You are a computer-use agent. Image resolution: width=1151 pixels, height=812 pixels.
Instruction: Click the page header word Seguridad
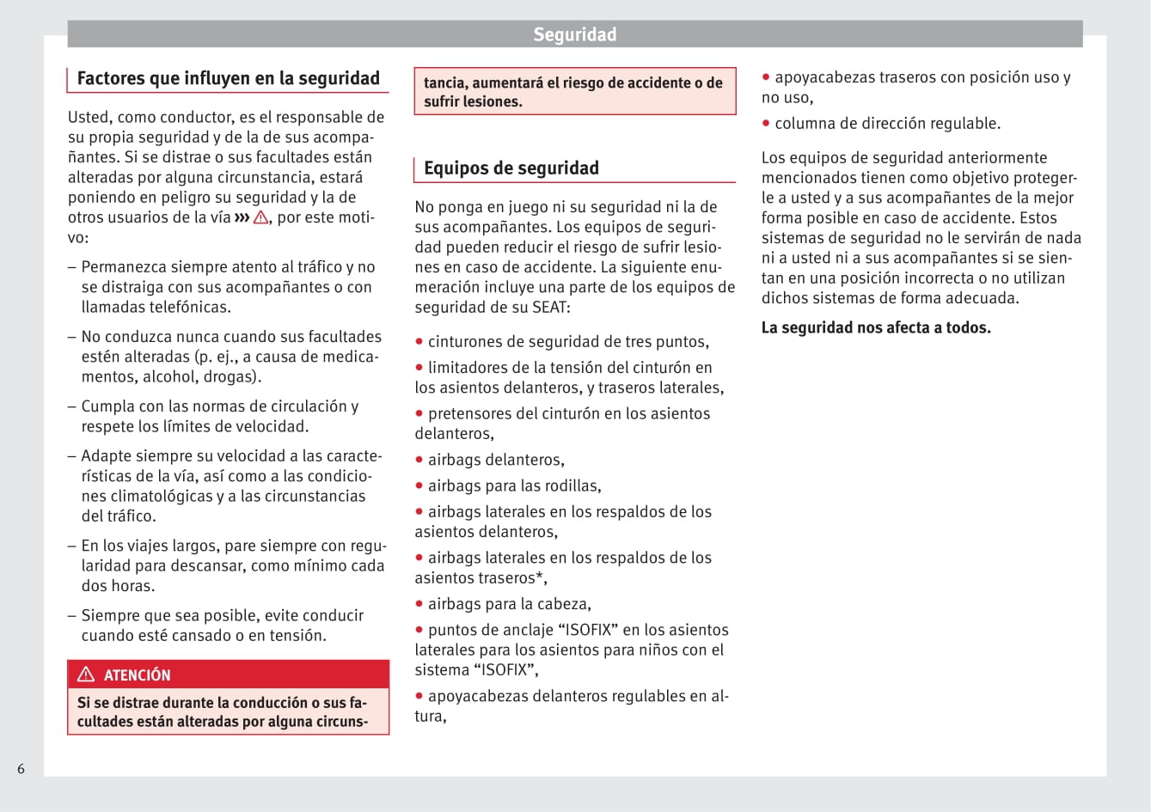(x=574, y=34)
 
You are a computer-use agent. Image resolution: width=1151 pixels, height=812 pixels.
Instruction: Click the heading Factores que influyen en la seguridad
(x=228, y=78)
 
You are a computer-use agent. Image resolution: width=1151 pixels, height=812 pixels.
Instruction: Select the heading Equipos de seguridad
(x=511, y=168)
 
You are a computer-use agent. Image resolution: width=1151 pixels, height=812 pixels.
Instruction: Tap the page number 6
(x=21, y=769)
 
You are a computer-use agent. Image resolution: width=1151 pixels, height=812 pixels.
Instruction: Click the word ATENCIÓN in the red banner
(x=137, y=675)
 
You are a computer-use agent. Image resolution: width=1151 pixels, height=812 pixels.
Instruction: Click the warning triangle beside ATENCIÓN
(x=86, y=675)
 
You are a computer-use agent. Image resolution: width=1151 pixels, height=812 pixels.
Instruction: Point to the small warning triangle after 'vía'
(x=260, y=217)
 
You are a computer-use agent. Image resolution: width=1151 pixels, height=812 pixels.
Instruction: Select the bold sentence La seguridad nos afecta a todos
(x=876, y=327)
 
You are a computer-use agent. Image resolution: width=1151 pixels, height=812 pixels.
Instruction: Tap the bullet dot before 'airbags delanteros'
(x=419, y=460)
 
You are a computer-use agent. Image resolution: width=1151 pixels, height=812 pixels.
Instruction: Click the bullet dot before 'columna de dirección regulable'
(x=766, y=123)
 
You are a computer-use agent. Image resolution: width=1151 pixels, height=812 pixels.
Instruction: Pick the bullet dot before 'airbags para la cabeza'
(x=419, y=604)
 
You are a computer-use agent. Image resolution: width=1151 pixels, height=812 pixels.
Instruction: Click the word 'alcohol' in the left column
(x=170, y=376)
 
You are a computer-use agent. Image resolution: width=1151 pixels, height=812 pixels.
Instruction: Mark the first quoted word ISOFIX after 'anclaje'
(x=587, y=630)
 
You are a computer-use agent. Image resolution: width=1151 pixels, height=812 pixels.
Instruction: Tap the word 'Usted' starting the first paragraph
(x=88, y=117)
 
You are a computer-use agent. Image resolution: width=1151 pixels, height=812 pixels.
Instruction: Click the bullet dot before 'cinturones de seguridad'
(x=419, y=341)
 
